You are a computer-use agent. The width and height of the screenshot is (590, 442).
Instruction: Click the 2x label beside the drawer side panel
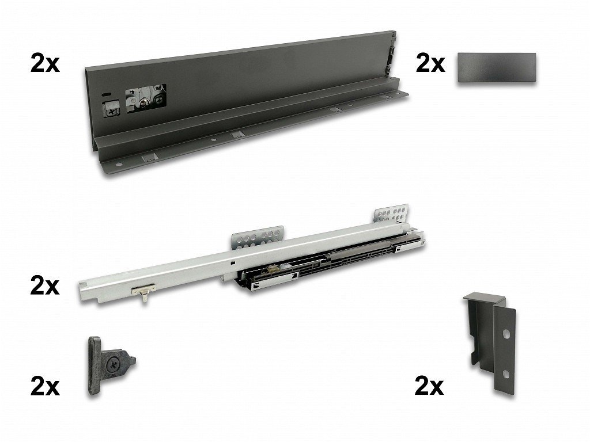click(x=45, y=63)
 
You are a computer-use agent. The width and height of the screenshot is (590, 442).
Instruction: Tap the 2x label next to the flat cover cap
click(x=430, y=63)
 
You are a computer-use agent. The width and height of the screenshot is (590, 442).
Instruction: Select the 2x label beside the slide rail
click(x=45, y=287)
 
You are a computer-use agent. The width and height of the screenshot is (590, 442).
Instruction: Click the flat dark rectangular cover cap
click(x=497, y=68)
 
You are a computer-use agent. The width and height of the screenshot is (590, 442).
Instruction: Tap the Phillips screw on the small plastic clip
click(x=112, y=363)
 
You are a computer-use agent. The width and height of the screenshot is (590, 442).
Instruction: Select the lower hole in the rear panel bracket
click(x=506, y=374)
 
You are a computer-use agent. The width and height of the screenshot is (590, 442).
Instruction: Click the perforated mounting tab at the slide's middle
click(x=258, y=237)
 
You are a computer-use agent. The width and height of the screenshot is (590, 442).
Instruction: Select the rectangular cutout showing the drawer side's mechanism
click(x=146, y=98)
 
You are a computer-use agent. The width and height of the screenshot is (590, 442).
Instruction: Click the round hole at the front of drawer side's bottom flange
click(x=119, y=165)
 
